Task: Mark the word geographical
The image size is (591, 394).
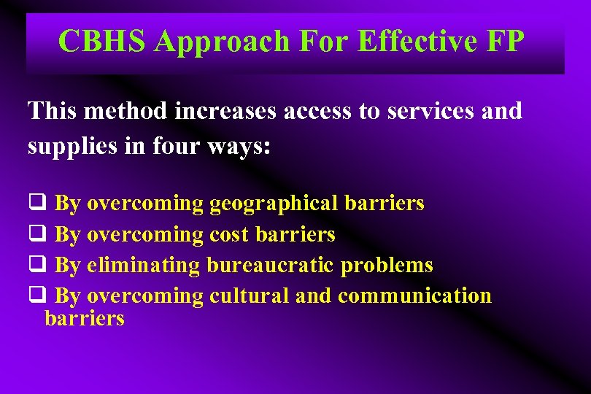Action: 274,203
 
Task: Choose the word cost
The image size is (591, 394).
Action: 228,234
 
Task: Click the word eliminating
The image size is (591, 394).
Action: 143,265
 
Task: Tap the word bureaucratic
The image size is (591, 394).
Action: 271,265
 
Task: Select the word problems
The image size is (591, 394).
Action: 387,265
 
